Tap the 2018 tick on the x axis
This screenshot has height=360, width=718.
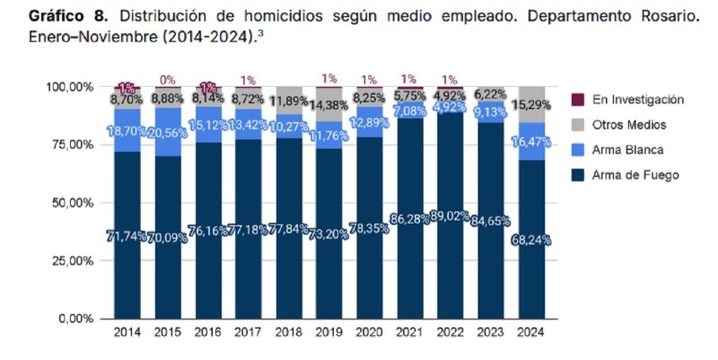click(290, 333)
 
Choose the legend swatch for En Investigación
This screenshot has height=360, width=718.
click(577, 100)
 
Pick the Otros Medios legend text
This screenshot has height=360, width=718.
click(626, 125)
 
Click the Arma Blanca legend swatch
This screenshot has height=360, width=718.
click(577, 150)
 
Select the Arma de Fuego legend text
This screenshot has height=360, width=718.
click(635, 175)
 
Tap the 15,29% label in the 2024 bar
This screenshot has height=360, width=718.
click(531, 106)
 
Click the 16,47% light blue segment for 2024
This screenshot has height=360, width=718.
click(531, 141)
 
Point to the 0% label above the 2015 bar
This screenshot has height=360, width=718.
click(168, 80)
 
